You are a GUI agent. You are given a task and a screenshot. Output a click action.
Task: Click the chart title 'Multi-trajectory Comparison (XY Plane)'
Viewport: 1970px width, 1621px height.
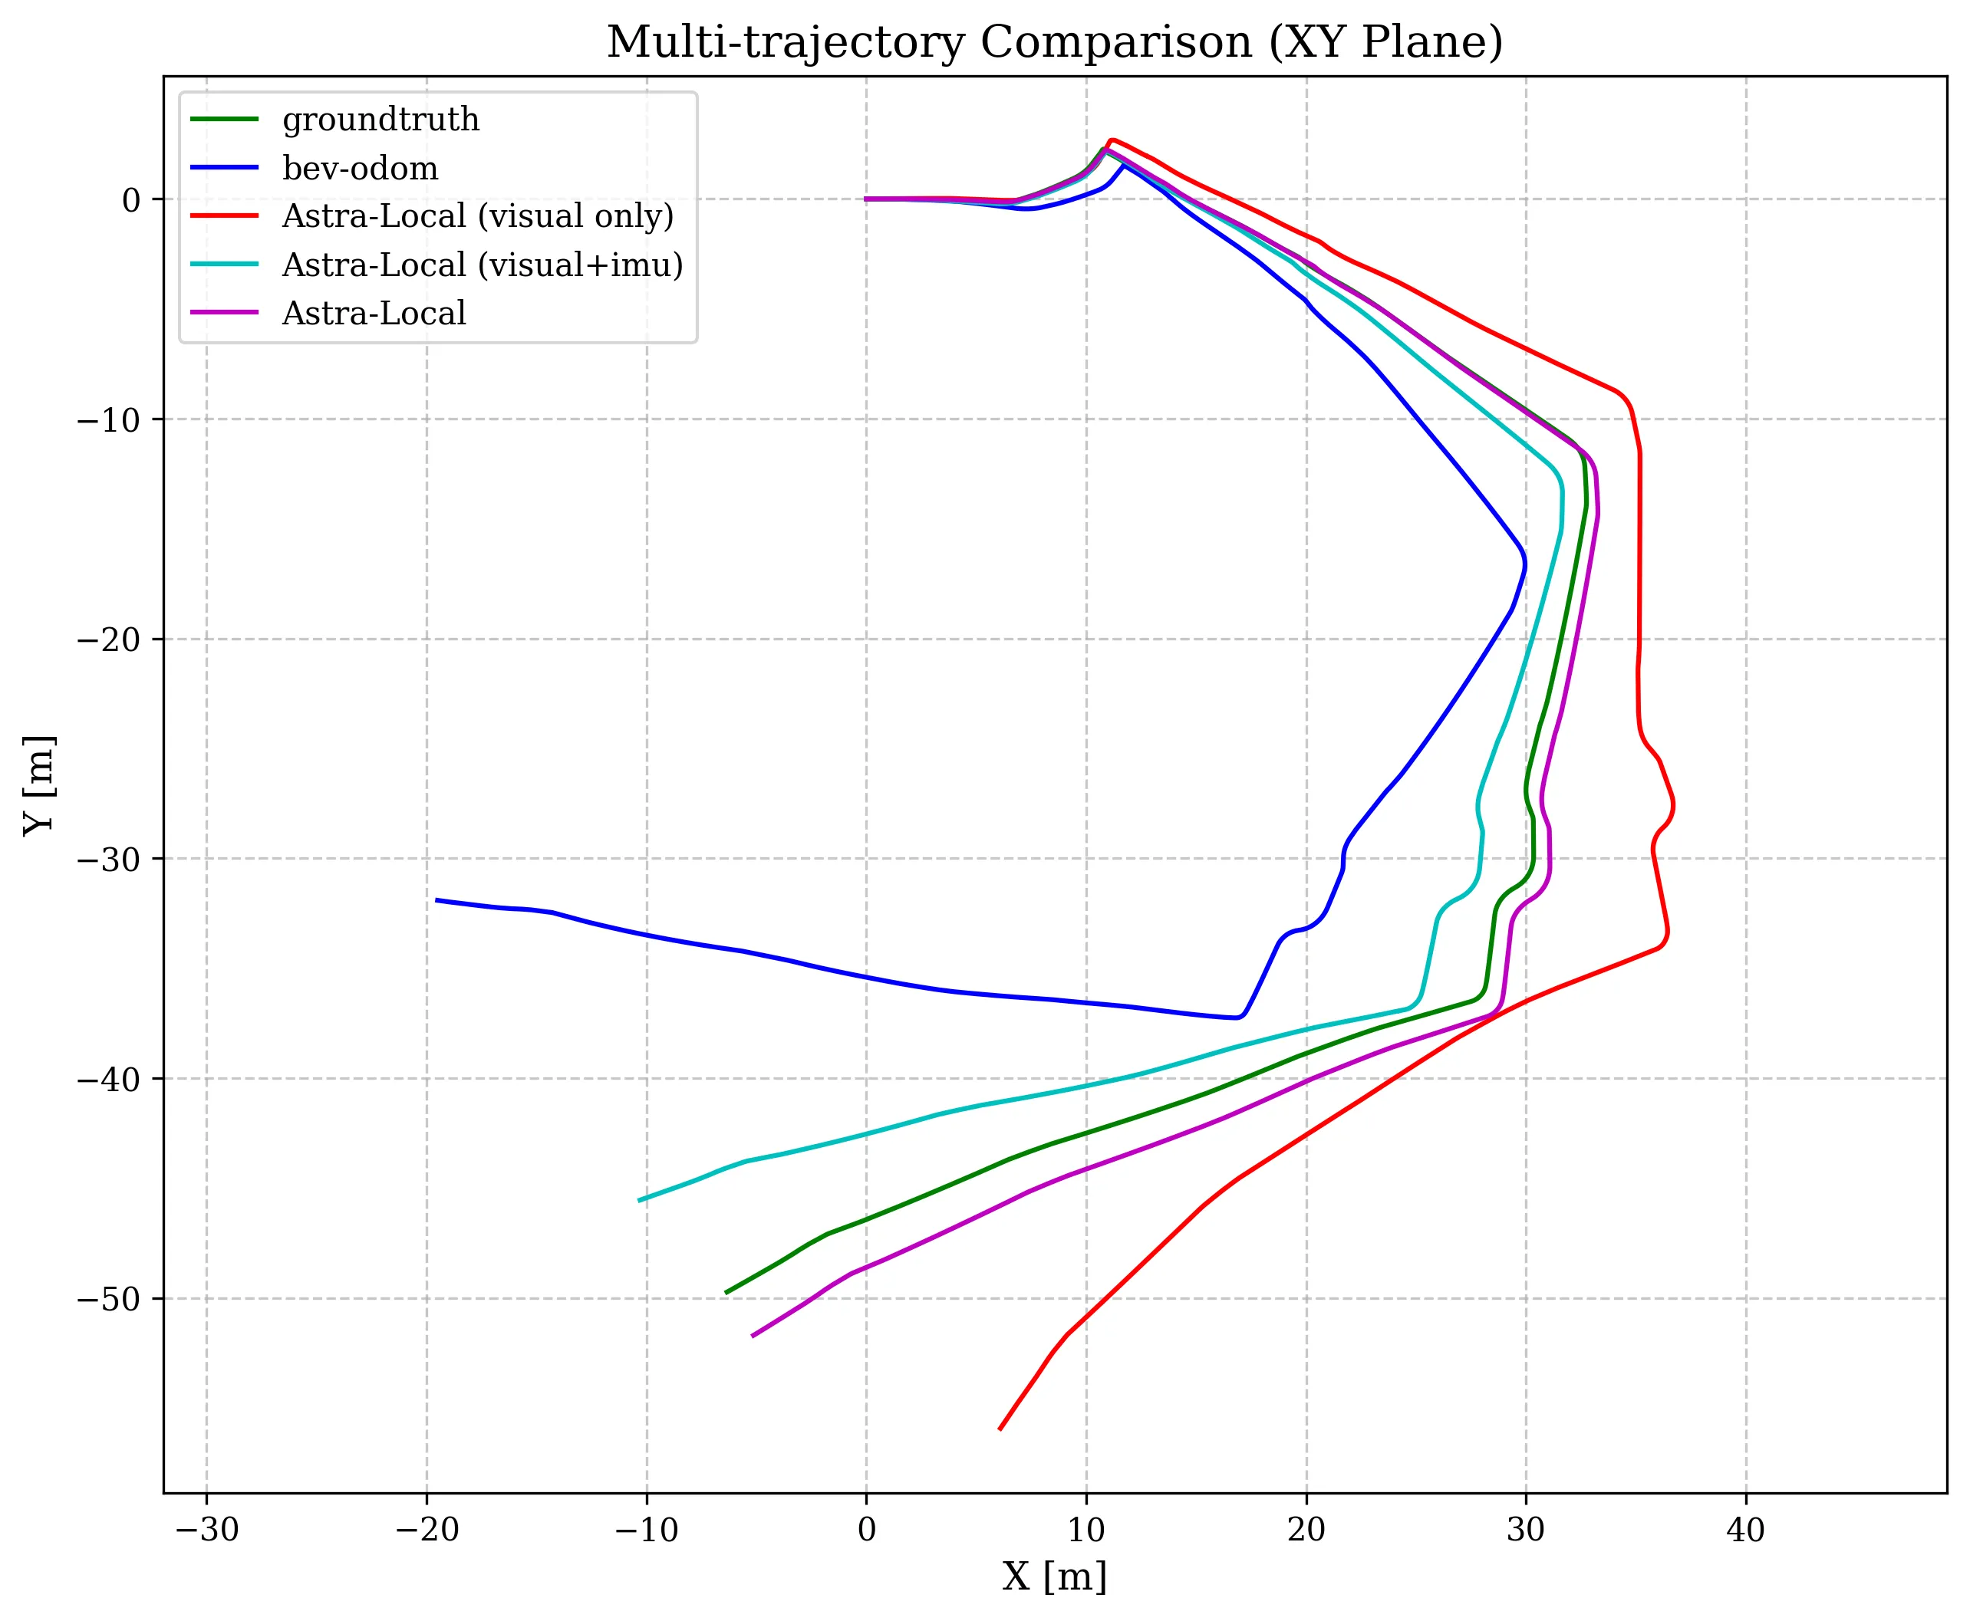[1055, 43]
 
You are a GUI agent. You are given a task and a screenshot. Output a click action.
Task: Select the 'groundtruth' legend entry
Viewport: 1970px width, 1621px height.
[380, 120]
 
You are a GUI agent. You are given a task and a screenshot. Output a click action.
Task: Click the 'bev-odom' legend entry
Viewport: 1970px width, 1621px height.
[360, 168]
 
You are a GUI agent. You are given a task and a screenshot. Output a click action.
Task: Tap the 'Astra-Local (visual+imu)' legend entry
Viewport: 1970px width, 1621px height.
[482, 265]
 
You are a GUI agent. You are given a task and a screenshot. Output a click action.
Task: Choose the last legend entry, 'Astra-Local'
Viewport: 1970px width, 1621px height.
[374, 313]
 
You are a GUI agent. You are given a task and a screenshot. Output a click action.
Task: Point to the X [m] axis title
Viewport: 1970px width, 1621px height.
[1055, 1577]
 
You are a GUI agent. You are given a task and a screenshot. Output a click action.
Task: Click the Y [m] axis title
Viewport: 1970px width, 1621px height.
[39, 784]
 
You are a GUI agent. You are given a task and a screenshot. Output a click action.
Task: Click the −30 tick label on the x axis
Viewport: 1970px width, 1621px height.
[206, 1530]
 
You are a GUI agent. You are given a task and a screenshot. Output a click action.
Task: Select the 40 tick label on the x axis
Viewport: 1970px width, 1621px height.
[1745, 1530]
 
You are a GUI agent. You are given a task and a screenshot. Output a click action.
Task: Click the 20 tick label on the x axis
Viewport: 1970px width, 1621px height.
[1306, 1530]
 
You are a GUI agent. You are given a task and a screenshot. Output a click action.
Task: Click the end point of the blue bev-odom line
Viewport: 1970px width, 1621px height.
[437, 900]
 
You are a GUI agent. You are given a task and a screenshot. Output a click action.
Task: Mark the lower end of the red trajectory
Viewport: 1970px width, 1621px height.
[1000, 1429]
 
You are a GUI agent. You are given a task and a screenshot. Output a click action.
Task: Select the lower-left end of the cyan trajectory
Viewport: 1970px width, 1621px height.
[640, 1201]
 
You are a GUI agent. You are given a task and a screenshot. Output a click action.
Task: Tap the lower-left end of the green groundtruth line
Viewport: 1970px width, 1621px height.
[726, 1294]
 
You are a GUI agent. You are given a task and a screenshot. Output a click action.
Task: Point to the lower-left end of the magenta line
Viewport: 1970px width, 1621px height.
[753, 1337]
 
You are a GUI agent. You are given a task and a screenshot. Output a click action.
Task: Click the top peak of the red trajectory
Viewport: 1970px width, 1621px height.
[1112, 139]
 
